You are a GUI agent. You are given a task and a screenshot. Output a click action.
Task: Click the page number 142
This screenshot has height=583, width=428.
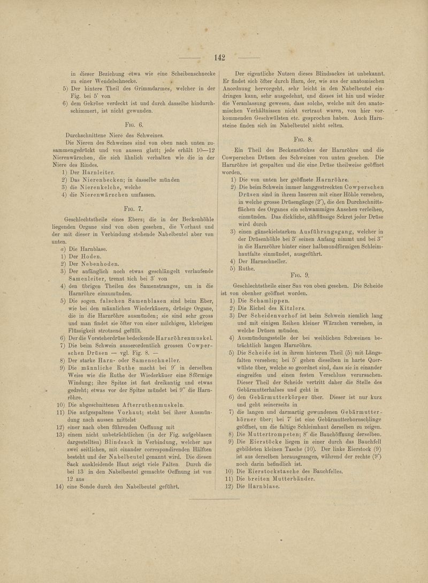point(219,58)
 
